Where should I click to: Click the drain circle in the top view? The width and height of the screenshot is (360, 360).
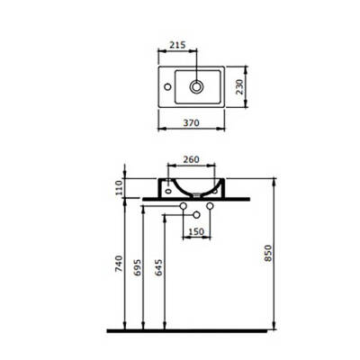pos(196,87)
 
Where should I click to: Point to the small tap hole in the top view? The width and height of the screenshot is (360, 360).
pos(166,87)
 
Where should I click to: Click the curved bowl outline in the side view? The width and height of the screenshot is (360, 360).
pos(191,191)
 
